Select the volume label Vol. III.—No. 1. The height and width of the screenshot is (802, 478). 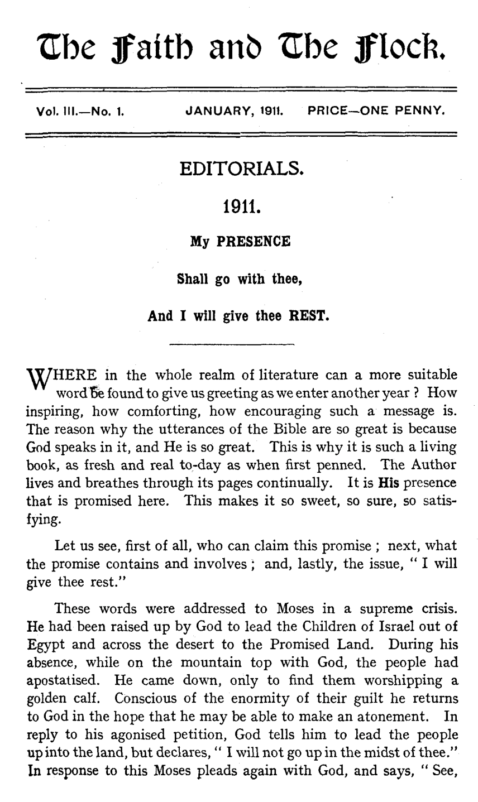pos(79,111)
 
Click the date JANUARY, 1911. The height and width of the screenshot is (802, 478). pos(235,111)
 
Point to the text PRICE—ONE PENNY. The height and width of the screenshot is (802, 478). pos(376,111)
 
